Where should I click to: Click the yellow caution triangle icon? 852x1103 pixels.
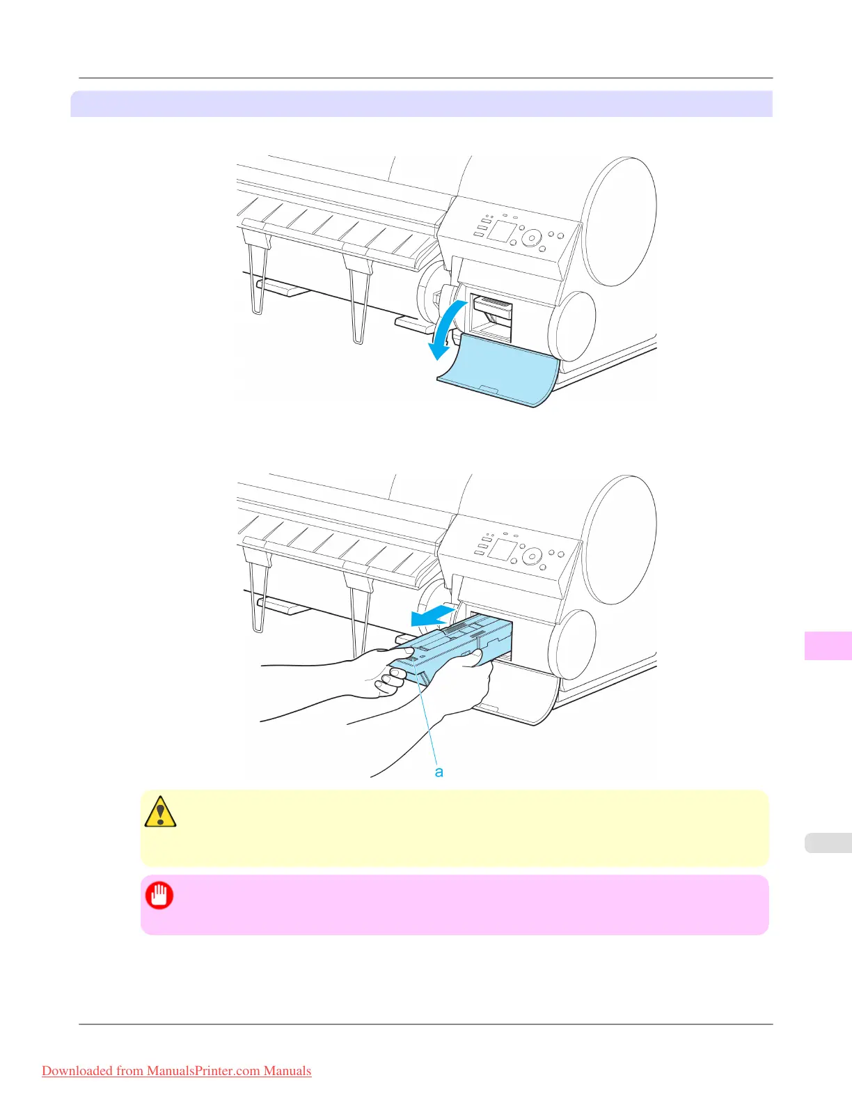pyautogui.click(x=160, y=811)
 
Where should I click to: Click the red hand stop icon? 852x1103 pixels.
pyautogui.click(x=159, y=895)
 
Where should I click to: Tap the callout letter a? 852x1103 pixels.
pyautogui.click(x=439, y=772)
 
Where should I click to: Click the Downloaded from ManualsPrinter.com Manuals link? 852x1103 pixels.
pyautogui.click(x=176, y=1071)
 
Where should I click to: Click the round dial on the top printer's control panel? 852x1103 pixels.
pyautogui.click(x=532, y=238)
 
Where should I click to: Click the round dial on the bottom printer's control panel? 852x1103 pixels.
pyautogui.click(x=532, y=556)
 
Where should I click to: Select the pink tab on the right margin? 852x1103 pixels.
pyautogui.click(x=828, y=646)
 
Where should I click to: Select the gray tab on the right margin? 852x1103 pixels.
pyautogui.click(x=828, y=843)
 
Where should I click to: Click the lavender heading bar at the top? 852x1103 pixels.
pyautogui.click(x=421, y=104)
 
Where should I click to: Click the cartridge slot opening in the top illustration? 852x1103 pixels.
pyautogui.click(x=492, y=318)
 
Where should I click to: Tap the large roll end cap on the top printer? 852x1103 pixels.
pyautogui.click(x=620, y=221)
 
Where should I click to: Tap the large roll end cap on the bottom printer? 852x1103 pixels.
pyautogui.click(x=620, y=540)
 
